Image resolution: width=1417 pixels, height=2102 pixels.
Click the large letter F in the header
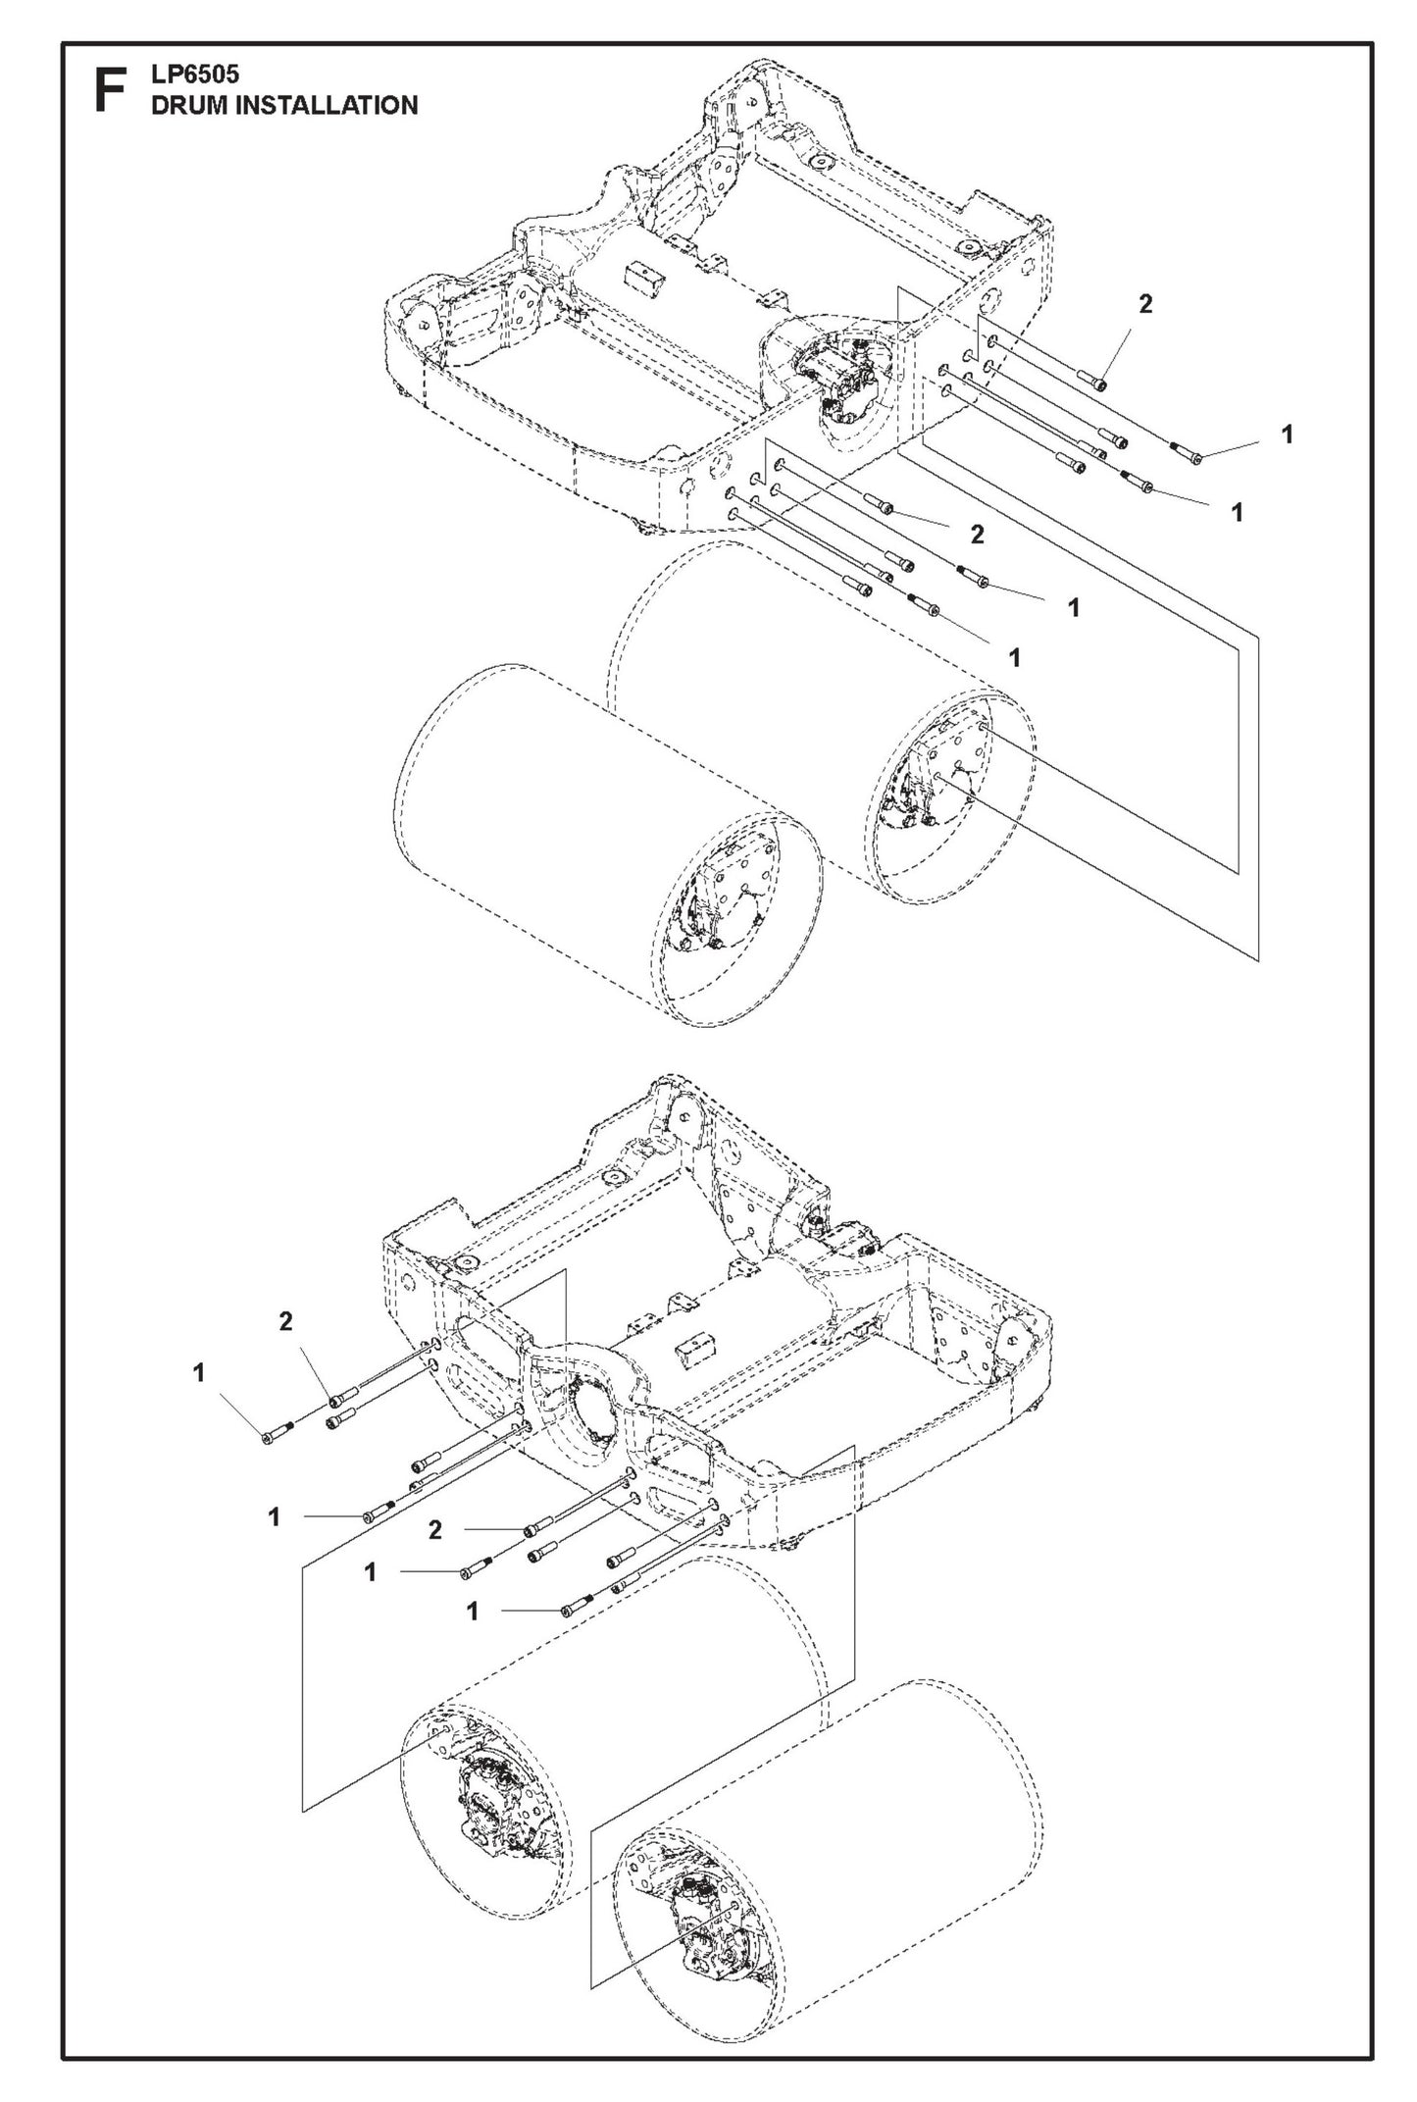[111, 91]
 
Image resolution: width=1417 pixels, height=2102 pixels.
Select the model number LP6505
[195, 75]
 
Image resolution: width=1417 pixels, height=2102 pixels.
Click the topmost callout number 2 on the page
[1144, 304]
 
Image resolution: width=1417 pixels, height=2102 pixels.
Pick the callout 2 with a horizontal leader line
[434, 1529]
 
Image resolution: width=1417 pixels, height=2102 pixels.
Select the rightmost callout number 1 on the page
[1287, 434]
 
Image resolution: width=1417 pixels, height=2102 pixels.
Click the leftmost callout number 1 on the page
[199, 1373]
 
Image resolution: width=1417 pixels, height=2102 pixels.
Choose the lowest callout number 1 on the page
[472, 1612]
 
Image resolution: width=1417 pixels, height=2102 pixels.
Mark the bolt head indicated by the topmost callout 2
[1101, 385]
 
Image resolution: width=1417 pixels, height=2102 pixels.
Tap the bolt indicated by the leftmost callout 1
[270, 1437]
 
